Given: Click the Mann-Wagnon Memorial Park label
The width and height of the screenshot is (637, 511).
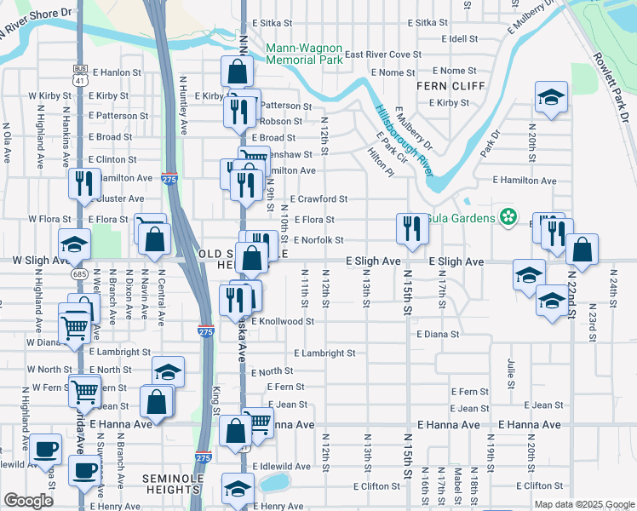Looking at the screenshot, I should coord(305,54).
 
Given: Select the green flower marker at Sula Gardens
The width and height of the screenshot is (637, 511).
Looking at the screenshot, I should coord(509,217).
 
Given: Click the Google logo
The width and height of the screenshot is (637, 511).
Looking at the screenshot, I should coord(28,500).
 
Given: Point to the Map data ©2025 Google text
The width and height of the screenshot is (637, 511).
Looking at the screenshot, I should coord(584,504).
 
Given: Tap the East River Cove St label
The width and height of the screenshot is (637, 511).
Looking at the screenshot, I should coord(382,55).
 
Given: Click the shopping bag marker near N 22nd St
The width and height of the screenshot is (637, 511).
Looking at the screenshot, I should coord(582,250).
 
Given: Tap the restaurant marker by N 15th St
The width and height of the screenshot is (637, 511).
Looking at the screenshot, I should coord(410,228).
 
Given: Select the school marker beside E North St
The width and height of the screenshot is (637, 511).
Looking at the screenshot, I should coord(169,371).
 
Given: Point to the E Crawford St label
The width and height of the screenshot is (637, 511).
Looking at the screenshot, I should coord(318,199).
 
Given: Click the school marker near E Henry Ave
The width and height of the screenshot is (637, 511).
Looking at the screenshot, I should coord(238,488).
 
